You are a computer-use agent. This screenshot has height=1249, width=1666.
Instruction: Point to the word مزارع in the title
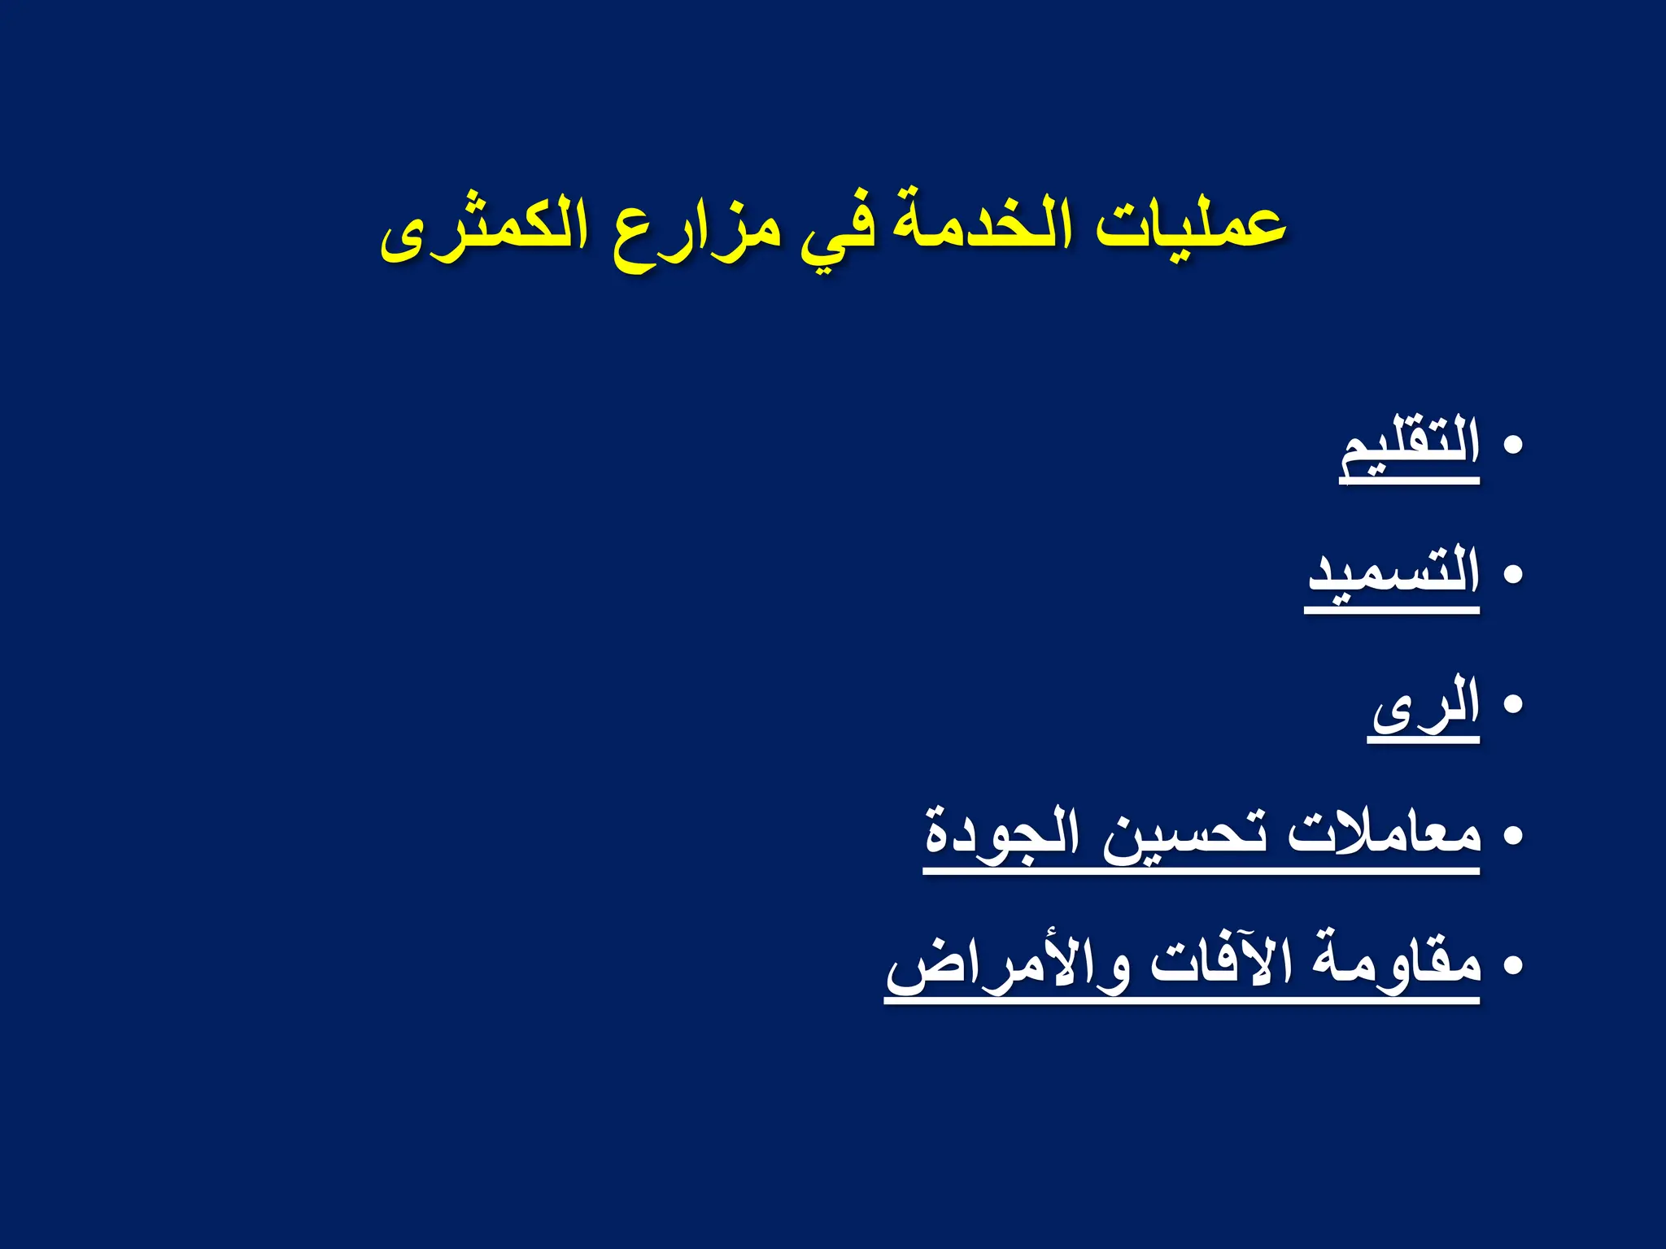(696, 232)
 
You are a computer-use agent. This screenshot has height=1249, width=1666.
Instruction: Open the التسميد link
(1393, 573)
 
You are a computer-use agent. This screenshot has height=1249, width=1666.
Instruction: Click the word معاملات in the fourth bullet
(1384, 834)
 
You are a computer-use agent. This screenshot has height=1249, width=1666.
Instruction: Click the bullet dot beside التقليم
(1512, 446)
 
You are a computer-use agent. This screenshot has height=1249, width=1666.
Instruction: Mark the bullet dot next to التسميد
(1512, 575)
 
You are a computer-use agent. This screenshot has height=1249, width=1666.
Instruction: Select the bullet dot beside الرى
(1512, 704)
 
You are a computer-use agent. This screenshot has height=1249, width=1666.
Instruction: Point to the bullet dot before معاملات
(1512, 835)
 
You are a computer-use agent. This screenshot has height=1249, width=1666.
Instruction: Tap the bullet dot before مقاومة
(1512, 965)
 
